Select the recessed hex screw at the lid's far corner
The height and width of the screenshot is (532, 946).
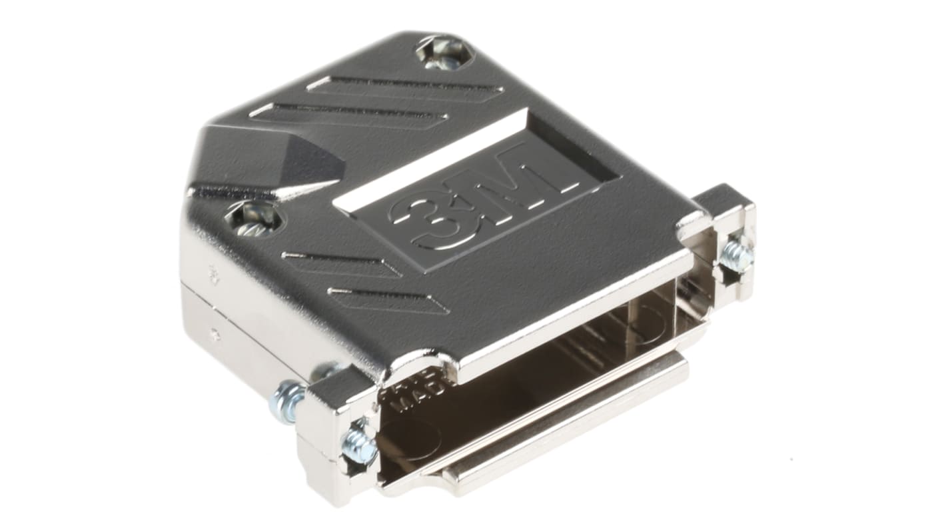click(443, 53)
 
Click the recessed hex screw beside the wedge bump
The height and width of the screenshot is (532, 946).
click(253, 220)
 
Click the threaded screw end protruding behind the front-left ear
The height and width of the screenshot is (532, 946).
click(286, 400)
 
